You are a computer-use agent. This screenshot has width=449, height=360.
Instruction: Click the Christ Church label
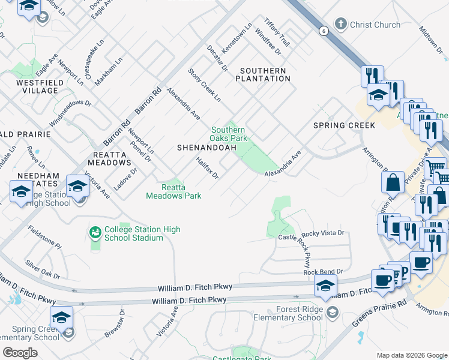tap(375, 25)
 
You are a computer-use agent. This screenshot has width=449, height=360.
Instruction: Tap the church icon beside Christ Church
tap(341, 25)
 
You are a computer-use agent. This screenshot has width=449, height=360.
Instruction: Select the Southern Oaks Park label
tap(228, 134)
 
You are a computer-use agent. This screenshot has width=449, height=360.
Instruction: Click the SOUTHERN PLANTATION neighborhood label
tap(263, 74)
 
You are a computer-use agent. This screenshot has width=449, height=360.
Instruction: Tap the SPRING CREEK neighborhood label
tap(344, 125)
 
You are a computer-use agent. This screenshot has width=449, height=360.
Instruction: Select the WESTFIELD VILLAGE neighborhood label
tap(29, 86)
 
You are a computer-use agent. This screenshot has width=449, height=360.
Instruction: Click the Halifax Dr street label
tap(206, 167)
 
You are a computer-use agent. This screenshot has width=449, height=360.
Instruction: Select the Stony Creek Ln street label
tap(205, 85)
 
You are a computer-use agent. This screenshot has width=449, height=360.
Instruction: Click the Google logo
tap(20, 353)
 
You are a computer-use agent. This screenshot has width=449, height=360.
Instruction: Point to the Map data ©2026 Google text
tap(411, 355)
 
